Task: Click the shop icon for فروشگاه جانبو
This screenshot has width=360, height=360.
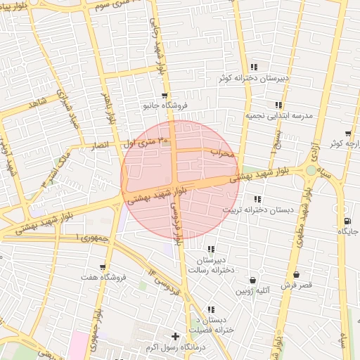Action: [165, 96]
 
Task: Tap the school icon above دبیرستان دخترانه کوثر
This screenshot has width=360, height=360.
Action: [254, 67]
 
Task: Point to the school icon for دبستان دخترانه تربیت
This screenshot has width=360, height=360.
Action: [257, 199]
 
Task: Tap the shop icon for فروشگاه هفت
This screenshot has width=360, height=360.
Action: [103, 267]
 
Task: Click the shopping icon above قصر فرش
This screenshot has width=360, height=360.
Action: [295, 274]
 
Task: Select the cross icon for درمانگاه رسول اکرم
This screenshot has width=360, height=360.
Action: [175, 336]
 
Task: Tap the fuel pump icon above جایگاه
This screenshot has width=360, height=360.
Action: [348, 220]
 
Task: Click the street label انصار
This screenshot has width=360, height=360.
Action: [97, 144]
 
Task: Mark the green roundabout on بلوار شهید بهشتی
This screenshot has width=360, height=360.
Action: [311, 169]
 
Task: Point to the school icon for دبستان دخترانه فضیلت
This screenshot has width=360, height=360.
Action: [211, 309]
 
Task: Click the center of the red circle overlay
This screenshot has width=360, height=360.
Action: [180, 180]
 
